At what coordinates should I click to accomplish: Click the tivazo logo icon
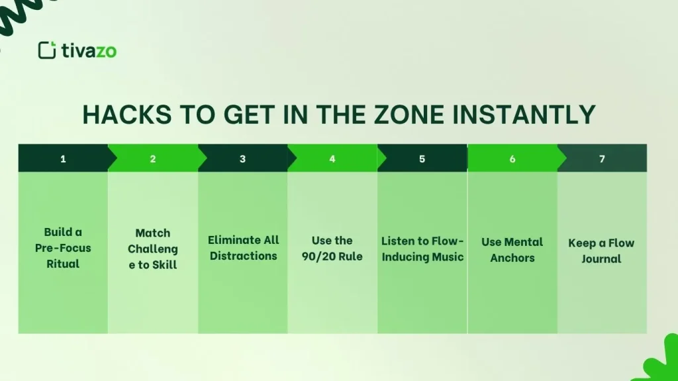[47, 50]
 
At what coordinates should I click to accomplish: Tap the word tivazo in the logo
[89, 51]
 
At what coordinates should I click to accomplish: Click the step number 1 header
[63, 159]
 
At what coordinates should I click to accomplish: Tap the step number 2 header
[153, 159]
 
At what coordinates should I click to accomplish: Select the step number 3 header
[242, 159]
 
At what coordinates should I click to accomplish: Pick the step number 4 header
[332, 159]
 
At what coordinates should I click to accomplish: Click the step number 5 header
[422, 159]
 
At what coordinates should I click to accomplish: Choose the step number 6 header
[512, 159]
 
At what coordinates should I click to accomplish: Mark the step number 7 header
[602, 159]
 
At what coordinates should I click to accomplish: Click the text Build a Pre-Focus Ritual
[63, 248]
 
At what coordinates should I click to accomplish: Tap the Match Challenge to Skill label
[153, 249]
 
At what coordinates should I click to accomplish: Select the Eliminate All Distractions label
[243, 248]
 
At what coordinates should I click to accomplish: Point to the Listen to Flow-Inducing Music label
[422, 249]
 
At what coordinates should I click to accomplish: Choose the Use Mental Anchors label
[512, 250]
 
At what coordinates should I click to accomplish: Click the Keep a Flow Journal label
[601, 250]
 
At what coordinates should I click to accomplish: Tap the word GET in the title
[244, 115]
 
